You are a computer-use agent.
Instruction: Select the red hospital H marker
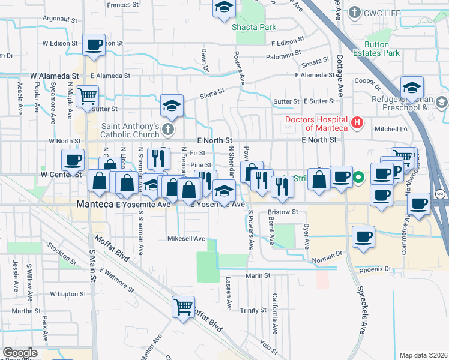(358, 124)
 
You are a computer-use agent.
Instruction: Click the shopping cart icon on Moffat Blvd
(184, 307)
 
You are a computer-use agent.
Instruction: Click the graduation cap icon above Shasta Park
(224, 8)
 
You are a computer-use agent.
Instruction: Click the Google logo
(20, 352)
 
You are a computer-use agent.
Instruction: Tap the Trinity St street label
(253, 310)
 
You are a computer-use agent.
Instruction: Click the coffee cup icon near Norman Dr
(363, 236)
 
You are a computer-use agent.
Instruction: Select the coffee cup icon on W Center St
(73, 160)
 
